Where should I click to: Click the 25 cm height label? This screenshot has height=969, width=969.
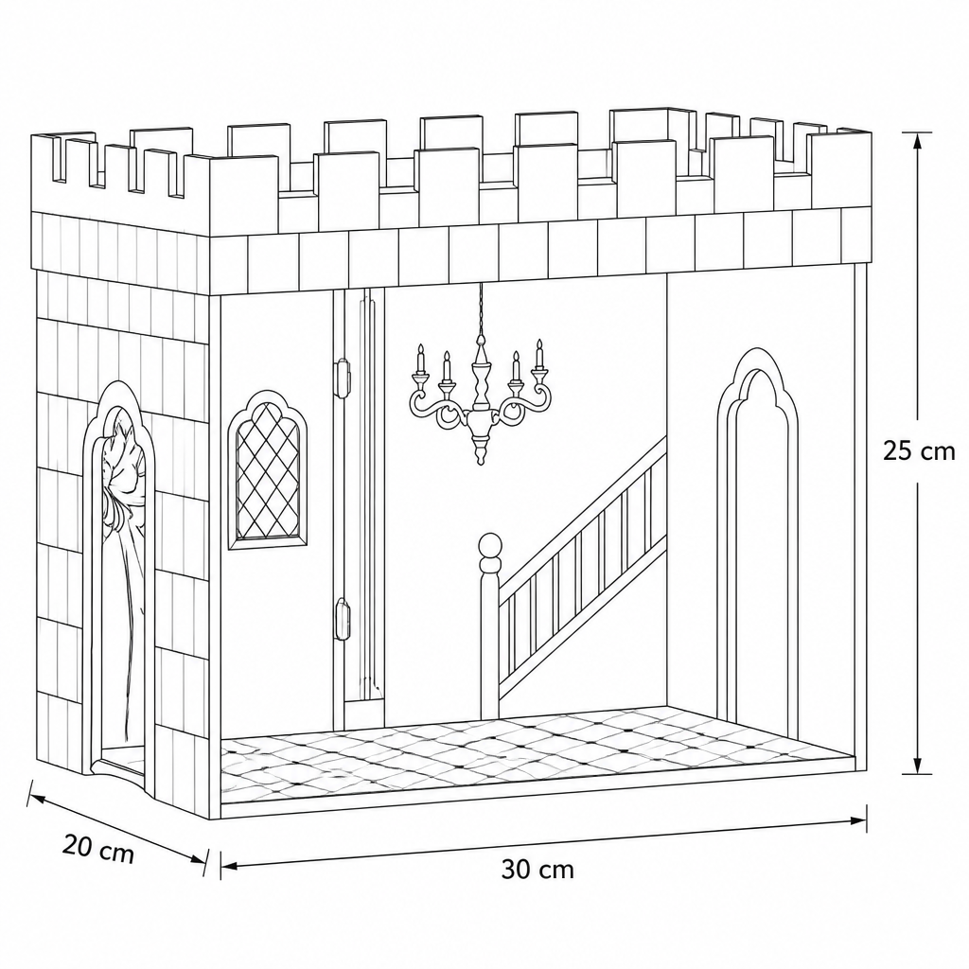[x=918, y=450]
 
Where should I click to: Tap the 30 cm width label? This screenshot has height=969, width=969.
[x=537, y=870]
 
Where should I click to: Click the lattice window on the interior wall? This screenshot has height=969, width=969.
[x=268, y=469]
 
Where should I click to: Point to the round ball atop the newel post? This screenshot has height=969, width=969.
[x=491, y=545]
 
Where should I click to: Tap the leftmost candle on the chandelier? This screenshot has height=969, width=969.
[x=421, y=359]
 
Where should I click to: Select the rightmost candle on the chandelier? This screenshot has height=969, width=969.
[x=538, y=354]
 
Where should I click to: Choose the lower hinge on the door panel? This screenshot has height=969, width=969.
[x=342, y=618]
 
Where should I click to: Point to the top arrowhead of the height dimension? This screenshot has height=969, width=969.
[x=918, y=142]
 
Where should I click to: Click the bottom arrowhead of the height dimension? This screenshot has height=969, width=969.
[x=918, y=765]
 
